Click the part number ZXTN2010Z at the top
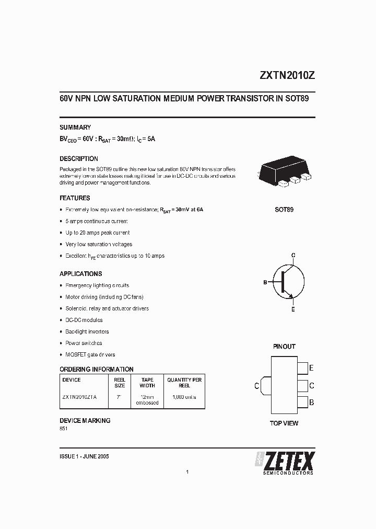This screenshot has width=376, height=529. (x=287, y=75)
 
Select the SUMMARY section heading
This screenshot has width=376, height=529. (x=75, y=127)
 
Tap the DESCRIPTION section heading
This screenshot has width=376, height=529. (x=79, y=158)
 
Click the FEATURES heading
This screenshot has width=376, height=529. (x=75, y=198)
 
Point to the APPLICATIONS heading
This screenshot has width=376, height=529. (x=80, y=273)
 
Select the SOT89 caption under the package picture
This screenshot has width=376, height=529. (x=284, y=209)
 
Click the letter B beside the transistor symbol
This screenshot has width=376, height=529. (x=265, y=282)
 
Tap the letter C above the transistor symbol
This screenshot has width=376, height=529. (x=293, y=255)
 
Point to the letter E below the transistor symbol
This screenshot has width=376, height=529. (x=293, y=309)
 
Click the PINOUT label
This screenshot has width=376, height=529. (x=284, y=347)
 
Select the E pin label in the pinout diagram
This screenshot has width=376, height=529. (x=311, y=368)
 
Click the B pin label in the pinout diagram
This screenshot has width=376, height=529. (x=311, y=402)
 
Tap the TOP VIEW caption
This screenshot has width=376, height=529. (x=284, y=423)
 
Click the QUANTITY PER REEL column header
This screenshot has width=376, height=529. (x=184, y=383)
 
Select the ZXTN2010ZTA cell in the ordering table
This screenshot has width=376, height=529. (x=79, y=397)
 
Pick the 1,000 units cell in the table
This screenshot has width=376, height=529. (x=184, y=397)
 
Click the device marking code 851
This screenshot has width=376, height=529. (x=64, y=429)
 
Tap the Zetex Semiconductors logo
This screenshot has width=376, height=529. (x=285, y=463)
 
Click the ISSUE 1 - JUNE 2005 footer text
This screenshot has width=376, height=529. (x=84, y=456)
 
